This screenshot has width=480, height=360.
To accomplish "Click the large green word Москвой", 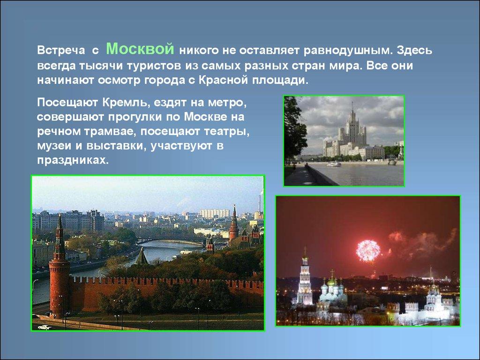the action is (140, 48).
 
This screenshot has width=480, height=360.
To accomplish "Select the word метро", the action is (227, 103).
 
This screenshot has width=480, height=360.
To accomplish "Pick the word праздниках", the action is (73, 160).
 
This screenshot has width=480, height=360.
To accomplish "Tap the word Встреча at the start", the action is (61, 50).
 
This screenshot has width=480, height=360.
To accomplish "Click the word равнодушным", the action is (348, 51).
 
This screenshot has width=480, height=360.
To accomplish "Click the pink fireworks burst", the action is (368, 250).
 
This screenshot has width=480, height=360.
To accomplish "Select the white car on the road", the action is (45, 327).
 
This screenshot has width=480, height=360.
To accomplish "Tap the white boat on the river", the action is (334, 164).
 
